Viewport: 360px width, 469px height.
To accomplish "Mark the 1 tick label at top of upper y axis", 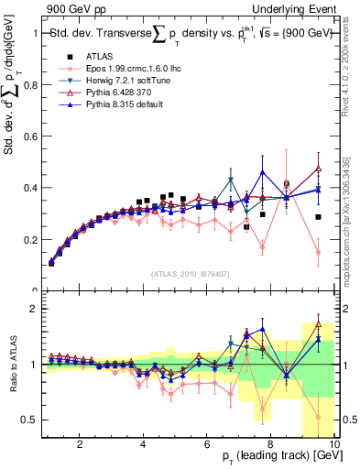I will (35, 34).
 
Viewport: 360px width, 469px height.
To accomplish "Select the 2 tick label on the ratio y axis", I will (35, 310).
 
